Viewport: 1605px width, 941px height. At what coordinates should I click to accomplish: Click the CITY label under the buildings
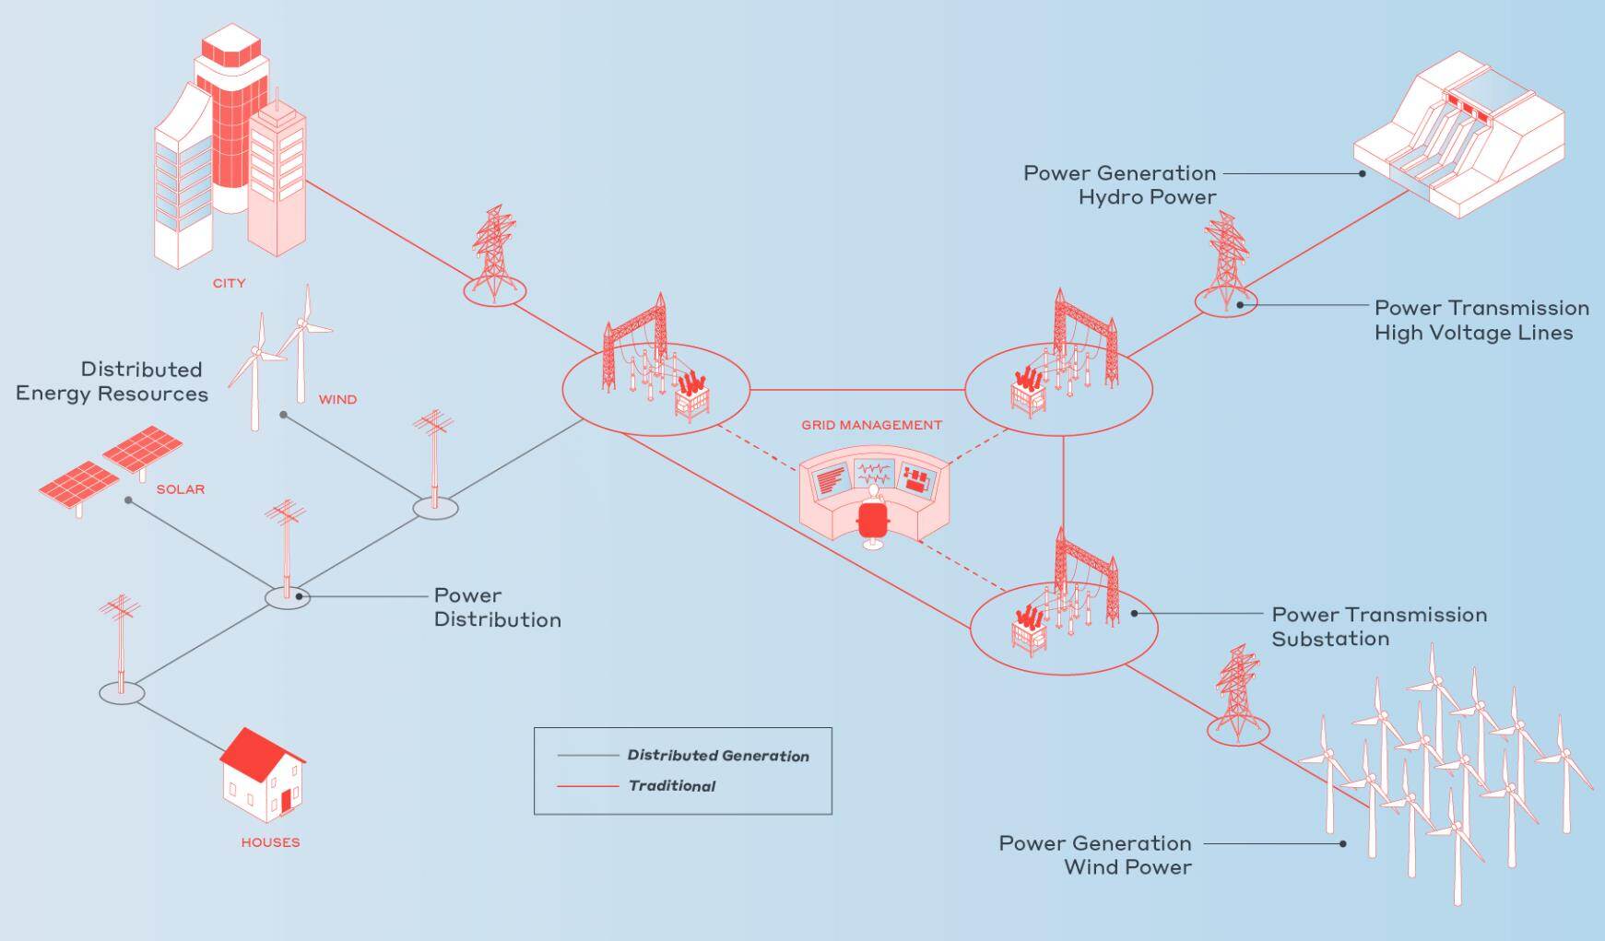[x=229, y=283]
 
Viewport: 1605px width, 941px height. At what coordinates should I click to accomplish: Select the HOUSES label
[x=270, y=842]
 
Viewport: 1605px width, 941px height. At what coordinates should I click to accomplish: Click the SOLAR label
[x=181, y=489]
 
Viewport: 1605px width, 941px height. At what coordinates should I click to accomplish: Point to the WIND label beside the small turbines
[x=337, y=400]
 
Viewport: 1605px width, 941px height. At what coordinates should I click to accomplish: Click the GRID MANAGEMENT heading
[x=871, y=425]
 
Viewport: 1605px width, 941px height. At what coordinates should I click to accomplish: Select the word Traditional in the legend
[x=671, y=786]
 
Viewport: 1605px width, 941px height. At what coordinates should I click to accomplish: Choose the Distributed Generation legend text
[x=718, y=756]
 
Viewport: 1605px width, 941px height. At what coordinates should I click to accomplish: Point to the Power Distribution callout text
[x=497, y=607]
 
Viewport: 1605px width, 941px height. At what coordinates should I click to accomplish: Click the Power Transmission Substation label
[x=1378, y=627]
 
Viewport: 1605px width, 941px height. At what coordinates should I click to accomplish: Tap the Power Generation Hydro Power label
[x=1120, y=185]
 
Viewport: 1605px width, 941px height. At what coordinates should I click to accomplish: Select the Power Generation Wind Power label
[x=1095, y=855]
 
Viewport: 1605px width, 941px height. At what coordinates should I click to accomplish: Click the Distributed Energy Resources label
[x=112, y=382]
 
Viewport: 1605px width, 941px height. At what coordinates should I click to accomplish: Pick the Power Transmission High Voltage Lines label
[x=1481, y=320]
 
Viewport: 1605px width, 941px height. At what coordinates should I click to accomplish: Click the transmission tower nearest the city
[x=494, y=253]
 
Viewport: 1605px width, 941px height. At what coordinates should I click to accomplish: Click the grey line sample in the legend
[x=587, y=756]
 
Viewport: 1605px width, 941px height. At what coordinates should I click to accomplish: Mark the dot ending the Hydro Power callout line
[x=1363, y=172]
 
